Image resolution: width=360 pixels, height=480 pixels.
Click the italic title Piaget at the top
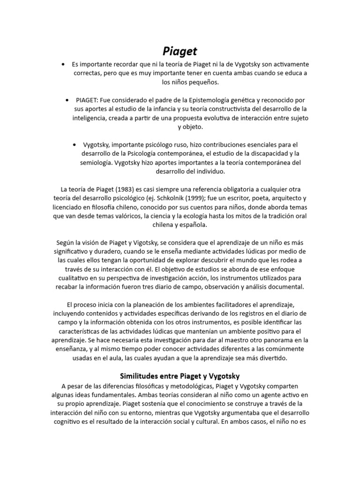(x=180, y=51)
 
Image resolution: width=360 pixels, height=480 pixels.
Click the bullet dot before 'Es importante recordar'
(x=63, y=64)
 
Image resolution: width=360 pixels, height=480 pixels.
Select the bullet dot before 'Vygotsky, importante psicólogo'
(x=75, y=144)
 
